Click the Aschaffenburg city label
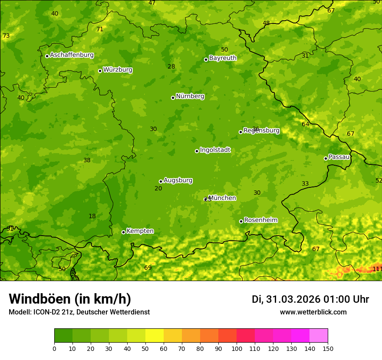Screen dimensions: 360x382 (x=72, y=55)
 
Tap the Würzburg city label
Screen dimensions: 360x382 (x=118, y=70)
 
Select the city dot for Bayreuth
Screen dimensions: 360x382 (x=206, y=59)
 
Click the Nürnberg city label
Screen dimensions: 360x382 (x=190, y=96)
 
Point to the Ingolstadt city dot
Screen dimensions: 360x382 (x=197, y=151)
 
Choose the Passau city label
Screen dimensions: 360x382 (x=339, y=157)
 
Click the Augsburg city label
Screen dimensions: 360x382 (x=178, y=180)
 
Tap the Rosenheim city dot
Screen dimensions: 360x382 (x=241, y=221)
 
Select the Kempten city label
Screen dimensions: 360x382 (x=140, y=231)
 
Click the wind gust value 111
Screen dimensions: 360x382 (x=377, y=269)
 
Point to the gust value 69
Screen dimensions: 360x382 (x=148, y=268)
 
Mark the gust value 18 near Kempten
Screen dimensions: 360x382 (x=92, y=216)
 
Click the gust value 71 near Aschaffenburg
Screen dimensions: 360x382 (x=100, y=29)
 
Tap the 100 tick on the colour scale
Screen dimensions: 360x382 (x=237, y=348)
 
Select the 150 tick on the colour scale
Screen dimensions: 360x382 (x=328, y=348)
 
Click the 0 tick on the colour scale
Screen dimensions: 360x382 (x=54, y=348)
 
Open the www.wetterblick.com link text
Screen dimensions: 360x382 (x=313, y=312)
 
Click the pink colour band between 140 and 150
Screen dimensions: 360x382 (x=319, y=336)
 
